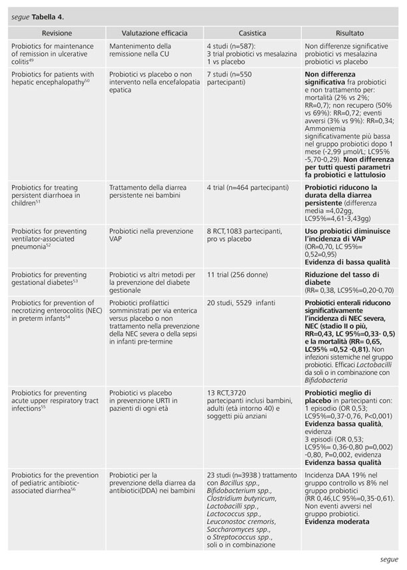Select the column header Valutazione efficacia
point(154,33)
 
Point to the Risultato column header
point(350,33)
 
